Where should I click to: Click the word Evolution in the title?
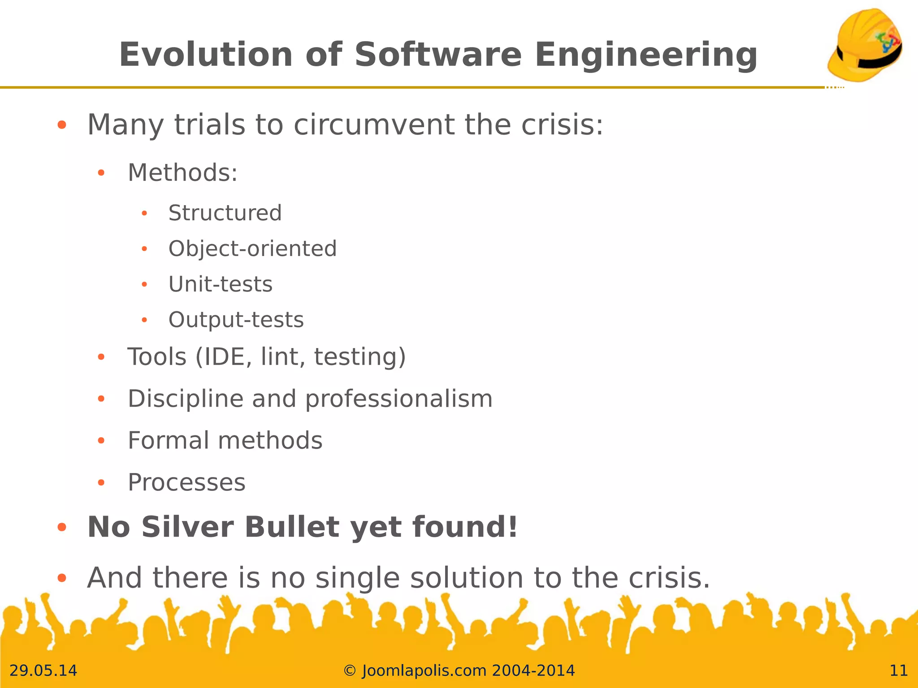(206, 55)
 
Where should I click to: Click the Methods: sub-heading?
(182, 173)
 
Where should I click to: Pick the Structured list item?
(225, 213)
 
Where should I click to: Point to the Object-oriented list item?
(252, 249)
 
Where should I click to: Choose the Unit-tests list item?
(220, 284)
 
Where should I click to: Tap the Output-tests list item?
(236, 320)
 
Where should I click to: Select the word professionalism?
(398, 399)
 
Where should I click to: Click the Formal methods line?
(225, 440)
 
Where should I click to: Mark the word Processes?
(186, 482)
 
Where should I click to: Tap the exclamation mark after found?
(513, 527)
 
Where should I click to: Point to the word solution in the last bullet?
(467, 578)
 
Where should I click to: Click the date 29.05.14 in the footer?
(43, 671)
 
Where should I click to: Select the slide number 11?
(898, 671)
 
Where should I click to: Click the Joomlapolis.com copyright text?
(459, 671)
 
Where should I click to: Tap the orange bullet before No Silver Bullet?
(62, 528)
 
